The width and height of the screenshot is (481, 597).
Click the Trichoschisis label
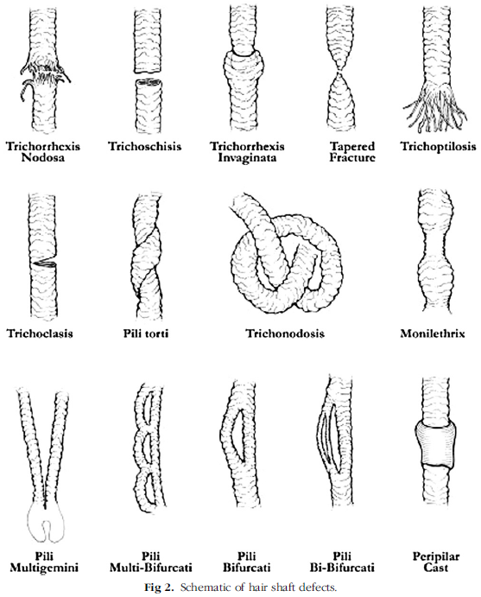[x=144, y=147]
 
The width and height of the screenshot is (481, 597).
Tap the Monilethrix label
[x=433, y=333]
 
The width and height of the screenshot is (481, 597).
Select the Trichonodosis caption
[x=285, y=333]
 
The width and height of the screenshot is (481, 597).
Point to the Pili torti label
[x=146, y=333]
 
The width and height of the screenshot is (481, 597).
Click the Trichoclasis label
[x=40, y=333]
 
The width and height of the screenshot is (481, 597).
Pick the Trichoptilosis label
[x=438, y=147]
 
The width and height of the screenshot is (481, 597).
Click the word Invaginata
[x=247, y=157]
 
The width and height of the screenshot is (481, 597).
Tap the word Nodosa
[x=43, y=157]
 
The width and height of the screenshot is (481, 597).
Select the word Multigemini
[x=44, y=568]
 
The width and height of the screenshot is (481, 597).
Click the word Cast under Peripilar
[x=436, y=568]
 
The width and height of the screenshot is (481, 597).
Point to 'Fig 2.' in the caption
[x=159, y=587]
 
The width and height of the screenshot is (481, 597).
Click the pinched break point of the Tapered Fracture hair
[x=340, y=72]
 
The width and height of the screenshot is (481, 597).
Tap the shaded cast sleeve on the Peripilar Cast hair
[x=435, y=443]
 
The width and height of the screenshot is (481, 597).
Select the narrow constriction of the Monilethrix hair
[x=435, y=240]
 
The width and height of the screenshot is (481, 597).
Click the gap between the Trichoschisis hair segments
[x=149, y=75]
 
